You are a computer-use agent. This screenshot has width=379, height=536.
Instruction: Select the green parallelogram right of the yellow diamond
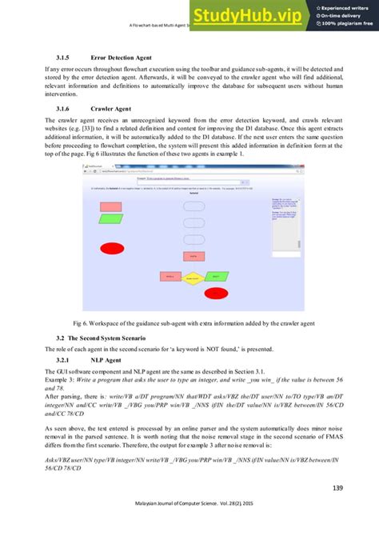[217, 277]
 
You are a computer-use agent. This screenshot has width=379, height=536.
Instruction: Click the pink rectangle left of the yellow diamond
[169, 278]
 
